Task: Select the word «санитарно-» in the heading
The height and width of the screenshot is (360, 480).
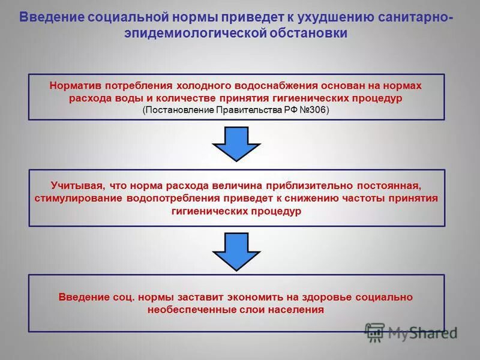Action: (x=417, y=16)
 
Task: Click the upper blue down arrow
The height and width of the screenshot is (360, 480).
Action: (x=236, y=143)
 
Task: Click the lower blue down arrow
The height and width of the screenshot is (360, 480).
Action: (x=236, y=251)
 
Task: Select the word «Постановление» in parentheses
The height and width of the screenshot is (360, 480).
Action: (x=179, y=110)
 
